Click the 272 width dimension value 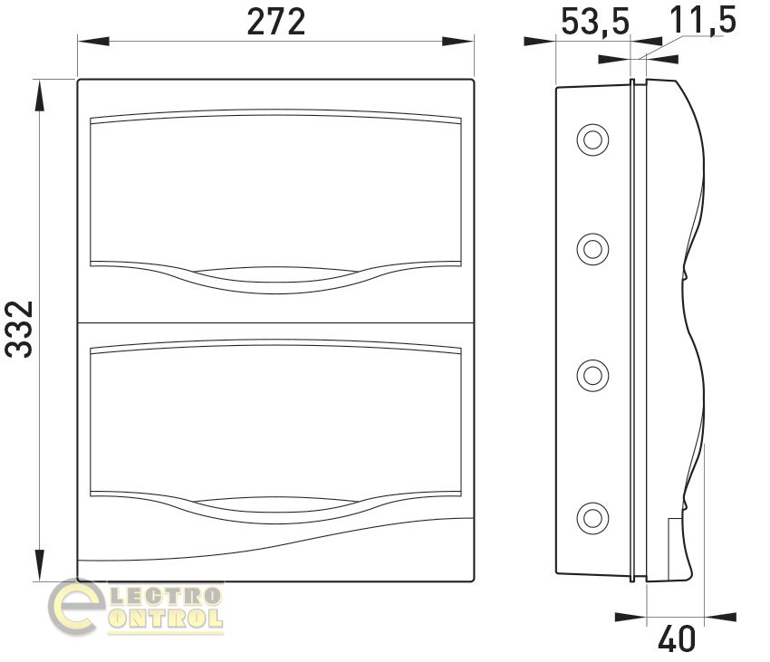(276, 22)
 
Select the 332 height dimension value (19, 329)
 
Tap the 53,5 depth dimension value (594, 23)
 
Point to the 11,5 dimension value (703, 20)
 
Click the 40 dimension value (677, 639)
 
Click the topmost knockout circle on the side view (592, 140)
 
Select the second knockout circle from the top (592, 249)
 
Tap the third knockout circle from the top (592, 376)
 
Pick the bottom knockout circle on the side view (592, 517)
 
